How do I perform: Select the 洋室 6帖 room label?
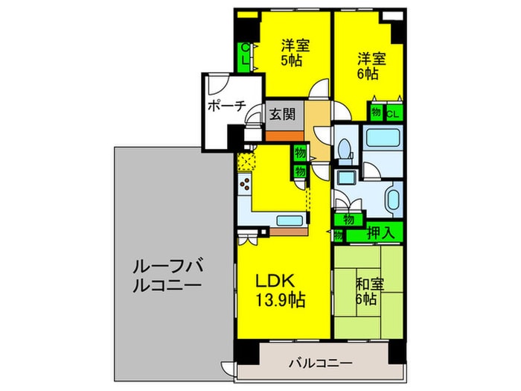(x=370, y=66)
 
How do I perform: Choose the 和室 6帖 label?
(x=365, y=290)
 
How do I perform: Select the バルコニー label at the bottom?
(x=320, y=363)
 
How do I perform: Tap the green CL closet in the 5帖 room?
(x=244, y=57)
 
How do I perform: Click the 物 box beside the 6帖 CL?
(x=377, y=113)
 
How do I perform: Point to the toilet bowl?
(x=344, y=149)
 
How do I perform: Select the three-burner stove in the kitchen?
(x=245, y=186)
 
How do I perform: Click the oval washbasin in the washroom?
(x=392, y=200)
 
